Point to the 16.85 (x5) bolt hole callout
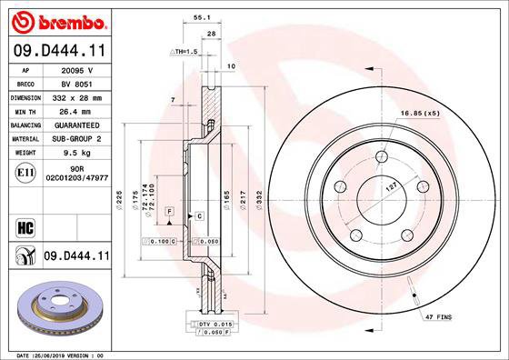tap(420, 114)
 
